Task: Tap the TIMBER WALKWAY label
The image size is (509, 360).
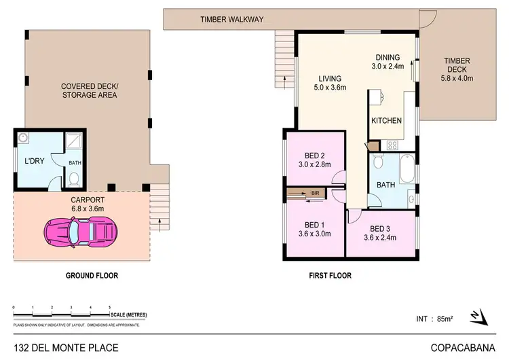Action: coord(231,20)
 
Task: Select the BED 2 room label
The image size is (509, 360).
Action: coord(312,155)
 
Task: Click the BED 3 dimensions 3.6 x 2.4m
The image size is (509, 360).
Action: coord(380,238)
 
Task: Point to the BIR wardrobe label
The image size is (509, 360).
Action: coord(315,194)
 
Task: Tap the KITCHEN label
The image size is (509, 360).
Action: coord(387,120)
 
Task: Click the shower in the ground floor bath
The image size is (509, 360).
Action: coord(73,142)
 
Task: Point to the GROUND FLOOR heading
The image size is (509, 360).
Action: coord(92,276)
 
